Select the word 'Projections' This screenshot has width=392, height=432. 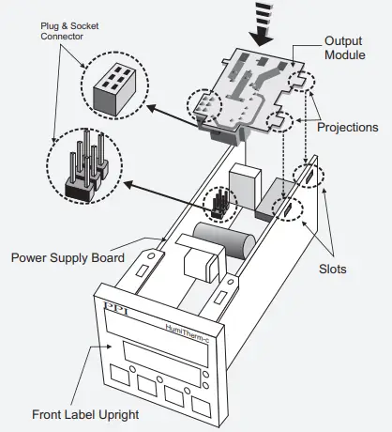tap(348, 127)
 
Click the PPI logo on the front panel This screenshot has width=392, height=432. tap(115, 308)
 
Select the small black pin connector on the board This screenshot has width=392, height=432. tap(220, 203)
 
